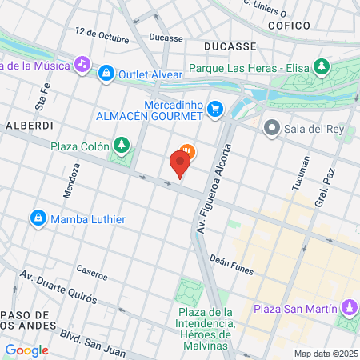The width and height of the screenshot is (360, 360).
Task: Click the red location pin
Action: pos(180,165)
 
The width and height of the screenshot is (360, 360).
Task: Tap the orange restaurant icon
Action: pos(187,149)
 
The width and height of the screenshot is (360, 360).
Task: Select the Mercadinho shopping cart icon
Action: pos(214,109)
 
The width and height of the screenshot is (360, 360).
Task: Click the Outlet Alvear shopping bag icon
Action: pos(106,74)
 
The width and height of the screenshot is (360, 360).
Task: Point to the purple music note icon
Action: pos(82,63)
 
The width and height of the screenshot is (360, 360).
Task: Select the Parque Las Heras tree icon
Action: pos(322,66)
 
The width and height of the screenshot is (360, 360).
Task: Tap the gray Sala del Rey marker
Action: pos(272,127)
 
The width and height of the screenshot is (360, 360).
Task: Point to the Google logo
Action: pos(26,350)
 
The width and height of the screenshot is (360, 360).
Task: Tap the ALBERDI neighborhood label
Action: pos(29,126)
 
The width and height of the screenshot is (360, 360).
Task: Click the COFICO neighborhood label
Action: pos(289,26)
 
